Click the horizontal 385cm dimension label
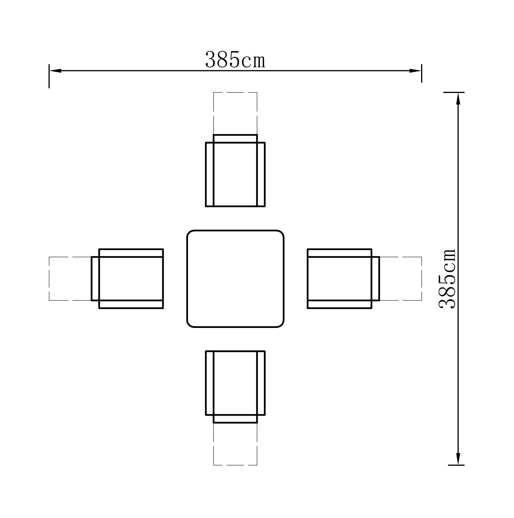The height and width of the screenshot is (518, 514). click(x=235, y=59)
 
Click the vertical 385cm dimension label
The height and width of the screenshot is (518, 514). click(x=447, y=278)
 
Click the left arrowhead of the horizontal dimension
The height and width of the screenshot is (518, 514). click(x=56, y=71)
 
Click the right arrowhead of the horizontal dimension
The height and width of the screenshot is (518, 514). click(x=415, y=71)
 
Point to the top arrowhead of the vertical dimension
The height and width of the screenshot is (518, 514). click(x=458, y=99)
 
